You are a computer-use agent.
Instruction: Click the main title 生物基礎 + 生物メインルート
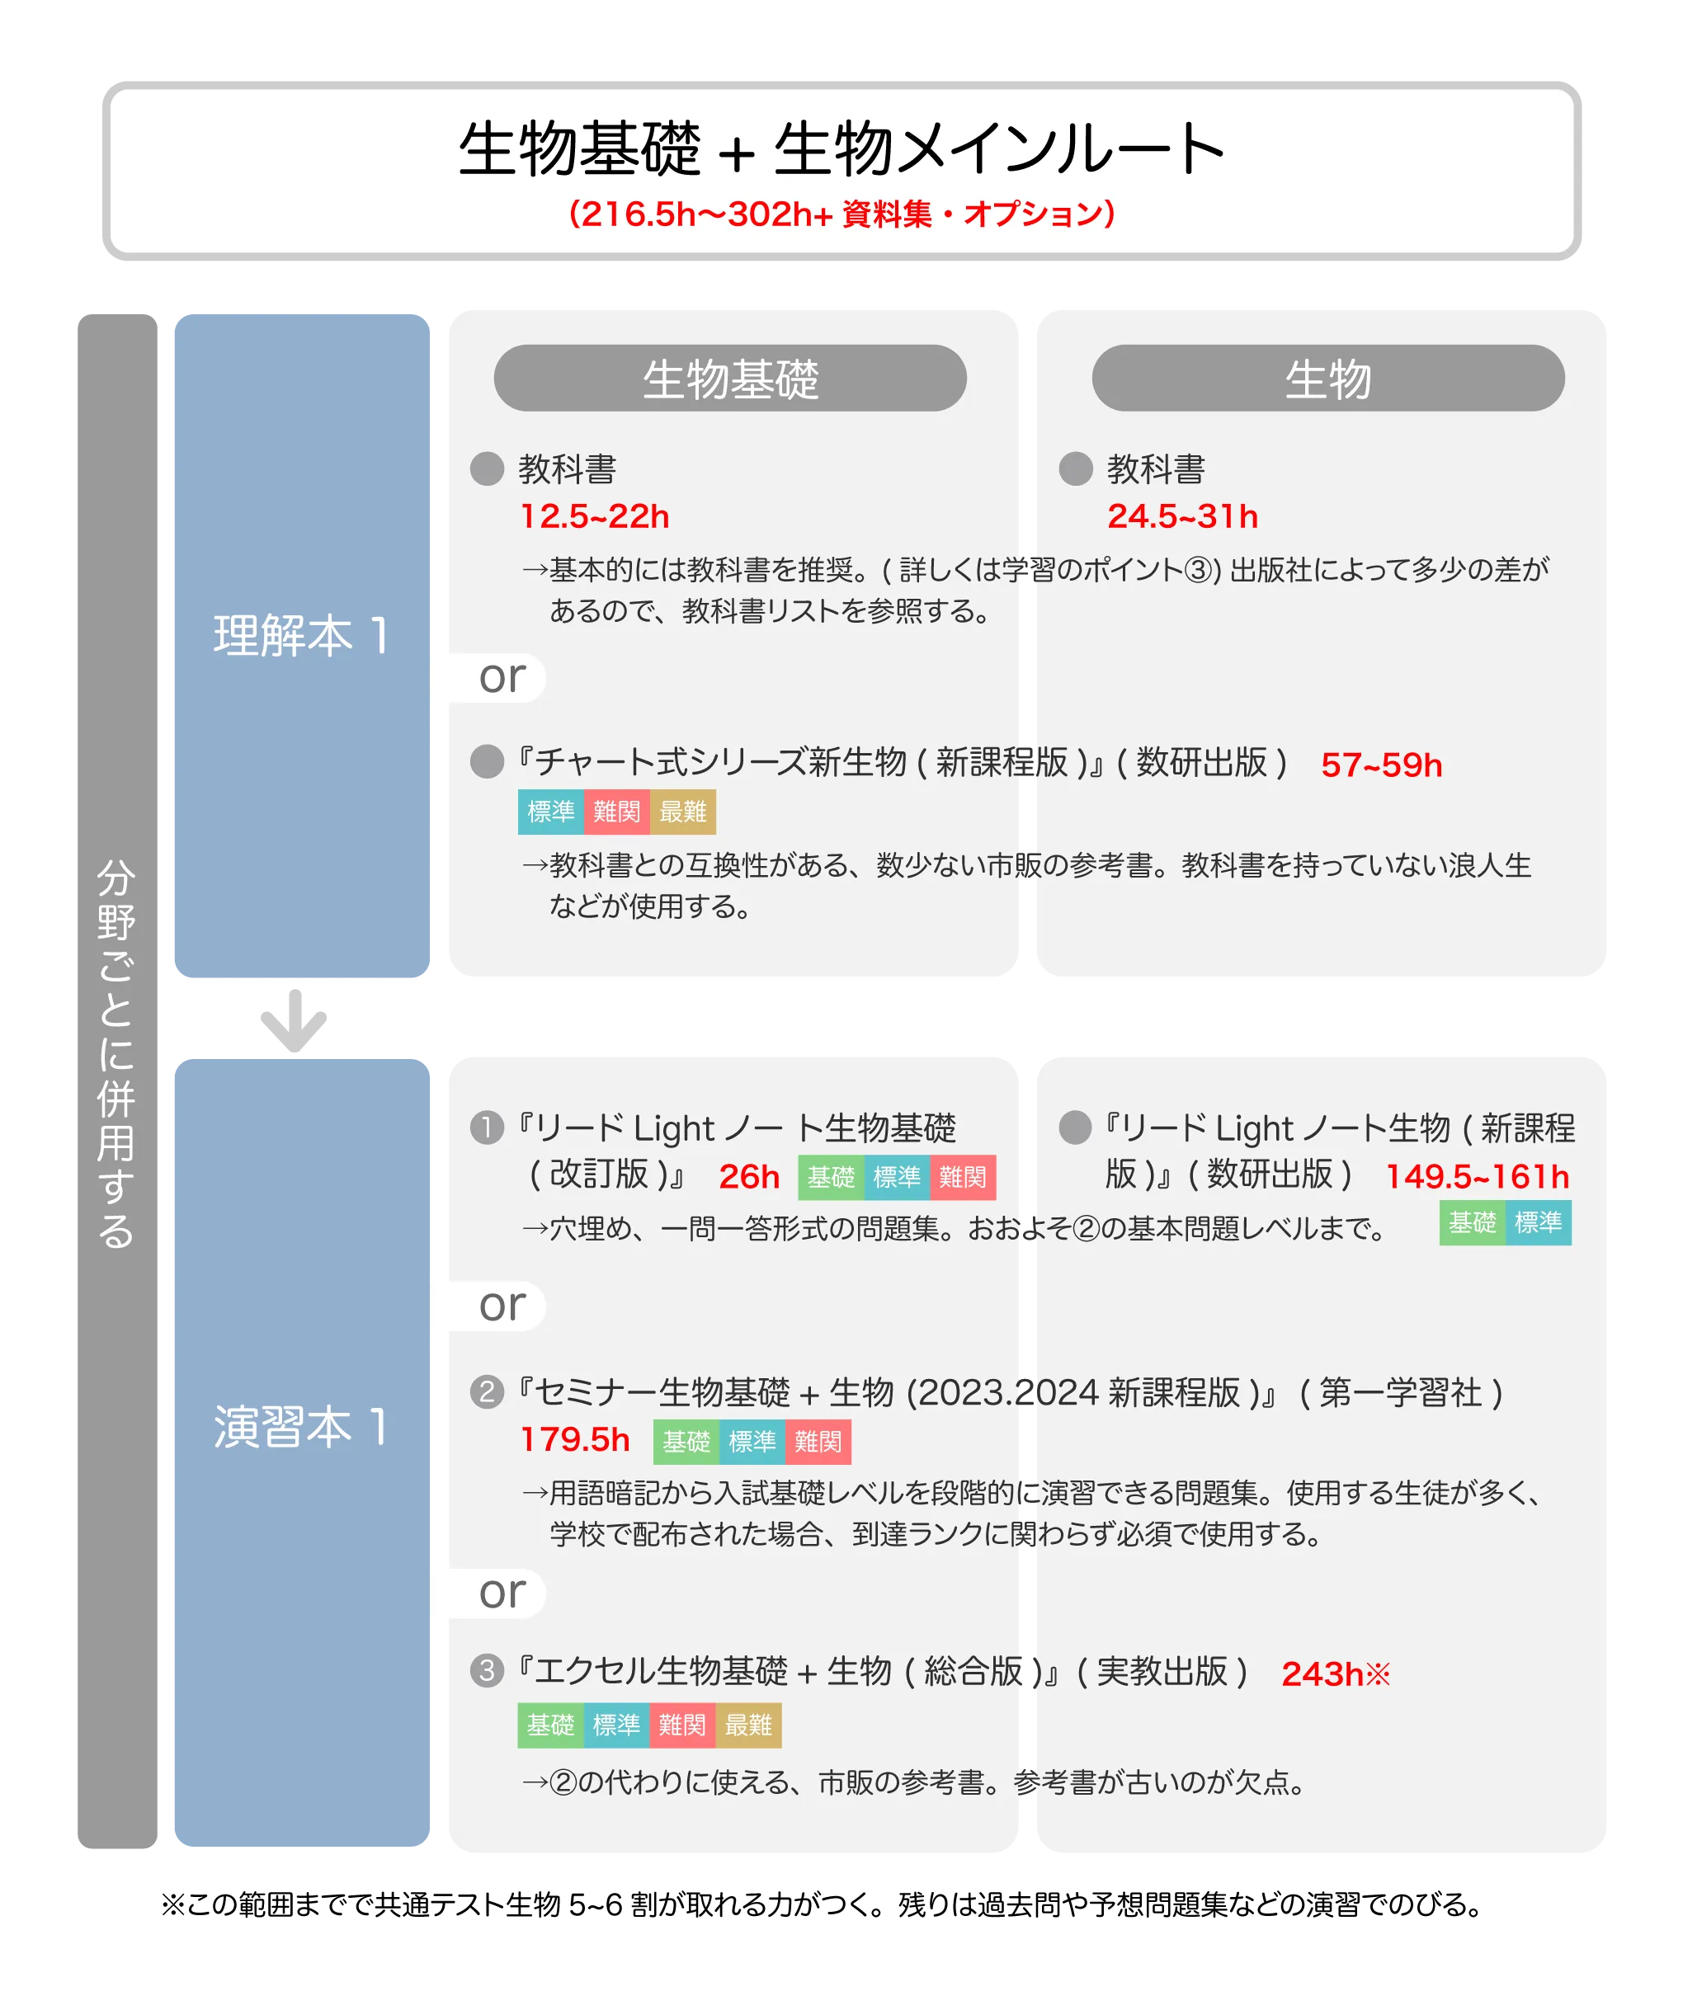coord(841,149)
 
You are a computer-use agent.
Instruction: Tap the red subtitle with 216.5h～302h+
coord(841,214)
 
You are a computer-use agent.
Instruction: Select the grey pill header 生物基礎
coord(729,378)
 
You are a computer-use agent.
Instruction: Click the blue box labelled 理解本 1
coord(302,645)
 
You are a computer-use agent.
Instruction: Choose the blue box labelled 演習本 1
coord(302,1452)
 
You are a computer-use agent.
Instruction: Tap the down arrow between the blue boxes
coord(294,1020)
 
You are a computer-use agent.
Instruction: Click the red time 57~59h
coord(1380,765)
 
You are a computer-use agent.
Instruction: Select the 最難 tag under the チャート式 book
coord(682,812)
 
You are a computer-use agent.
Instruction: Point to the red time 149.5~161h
coord(1478,1176)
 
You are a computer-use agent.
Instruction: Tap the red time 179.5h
coord(574,1439)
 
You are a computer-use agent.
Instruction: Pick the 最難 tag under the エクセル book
coord(748,1725)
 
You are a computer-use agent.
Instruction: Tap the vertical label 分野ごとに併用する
coord(117,1054)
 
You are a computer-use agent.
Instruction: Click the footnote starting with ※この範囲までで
coord(822,1904)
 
